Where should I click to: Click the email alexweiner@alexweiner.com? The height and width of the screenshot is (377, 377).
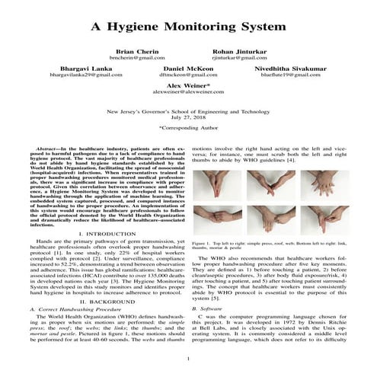[x=188, y=95]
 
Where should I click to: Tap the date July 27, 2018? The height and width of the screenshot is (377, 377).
[x=188, y=116]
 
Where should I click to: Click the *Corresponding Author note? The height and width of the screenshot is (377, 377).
[x=188, y=129]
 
